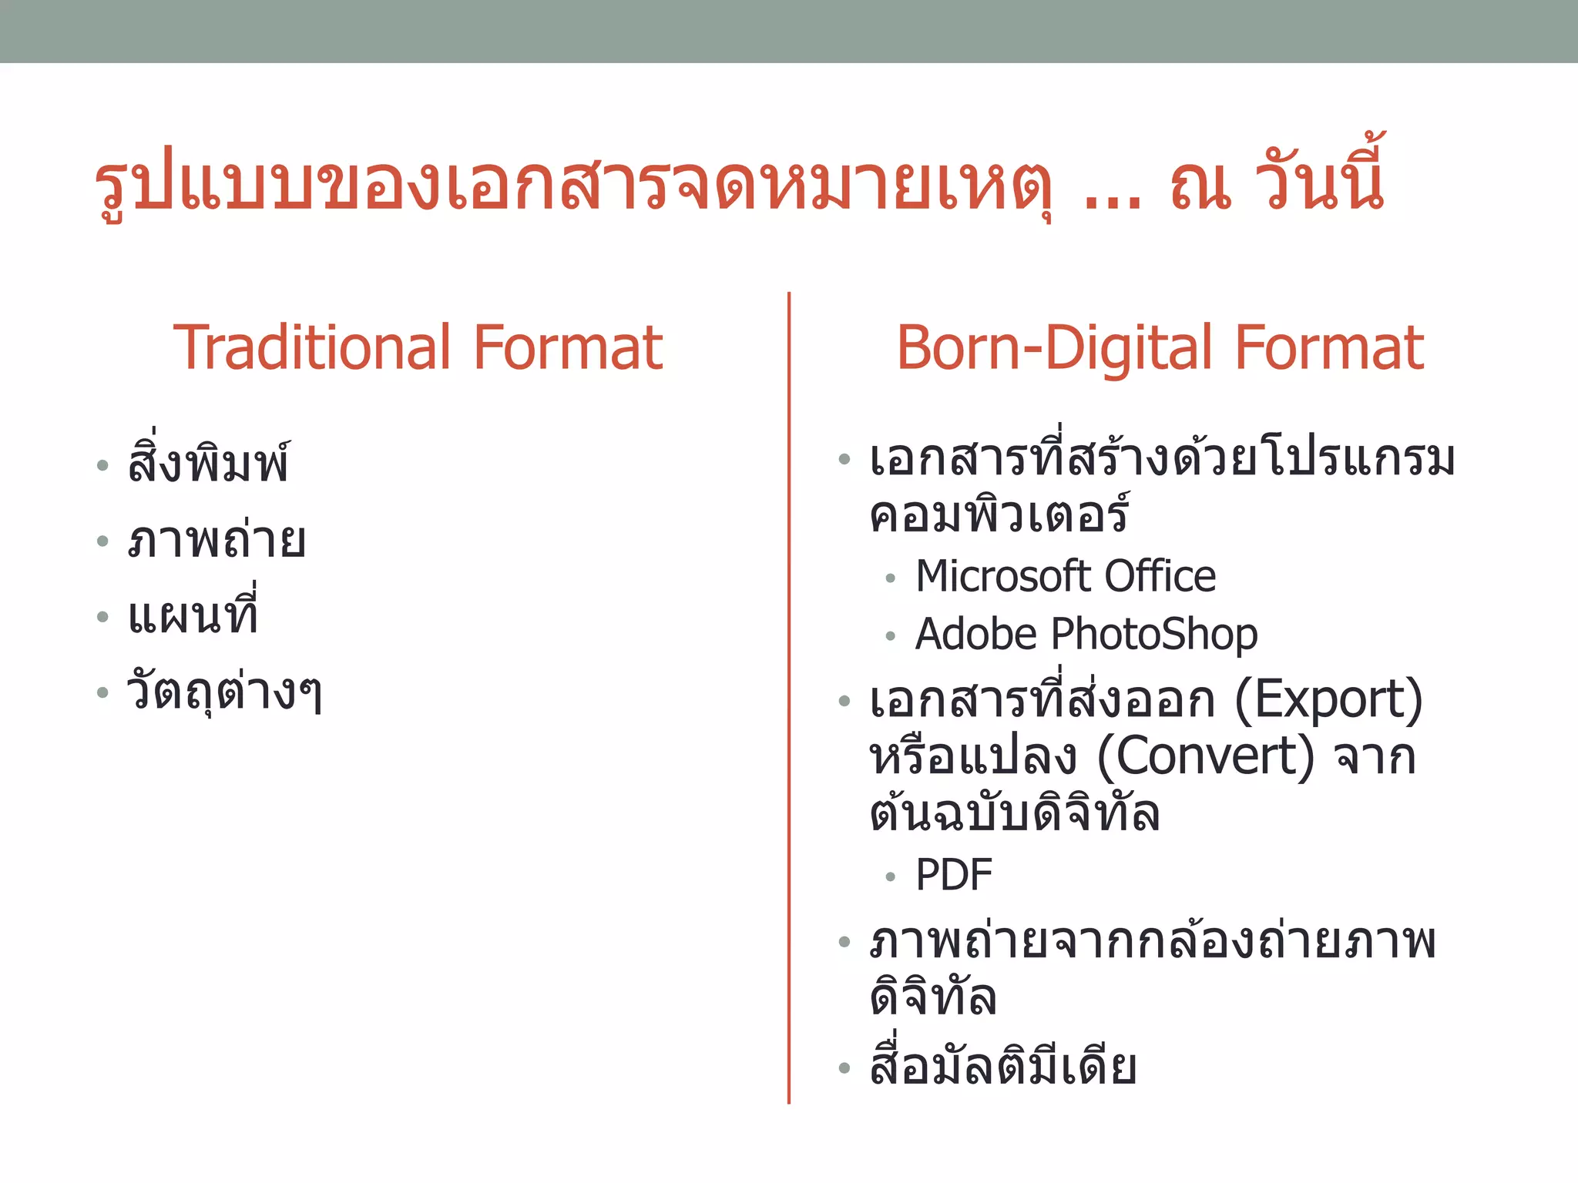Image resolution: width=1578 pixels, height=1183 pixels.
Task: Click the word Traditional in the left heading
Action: [x=311, y=348]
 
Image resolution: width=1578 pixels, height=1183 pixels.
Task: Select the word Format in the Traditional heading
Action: [x=568, y=348]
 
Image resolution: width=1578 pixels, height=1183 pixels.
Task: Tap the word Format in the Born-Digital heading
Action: [x=1329, y=348]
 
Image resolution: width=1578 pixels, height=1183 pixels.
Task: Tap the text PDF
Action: [x=954, y=875]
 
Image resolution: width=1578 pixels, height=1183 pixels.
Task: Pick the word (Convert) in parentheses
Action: [x=1205, y=756]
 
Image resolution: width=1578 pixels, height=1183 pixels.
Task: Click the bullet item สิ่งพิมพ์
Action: [x=209, y=464]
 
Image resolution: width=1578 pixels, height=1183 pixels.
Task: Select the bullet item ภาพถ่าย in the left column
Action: [x=217, y=541]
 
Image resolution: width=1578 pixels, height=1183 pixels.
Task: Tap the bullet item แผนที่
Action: [x=193, y=615]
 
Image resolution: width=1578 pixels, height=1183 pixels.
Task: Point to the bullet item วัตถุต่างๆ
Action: [x=224, y=692]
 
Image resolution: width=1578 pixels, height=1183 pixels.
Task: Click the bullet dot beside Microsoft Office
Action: [x=891, y=578]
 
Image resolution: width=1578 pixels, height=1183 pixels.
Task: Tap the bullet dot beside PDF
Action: [x=891, y=876]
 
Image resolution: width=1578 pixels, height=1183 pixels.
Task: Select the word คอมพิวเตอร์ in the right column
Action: [x=999, y=514]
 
